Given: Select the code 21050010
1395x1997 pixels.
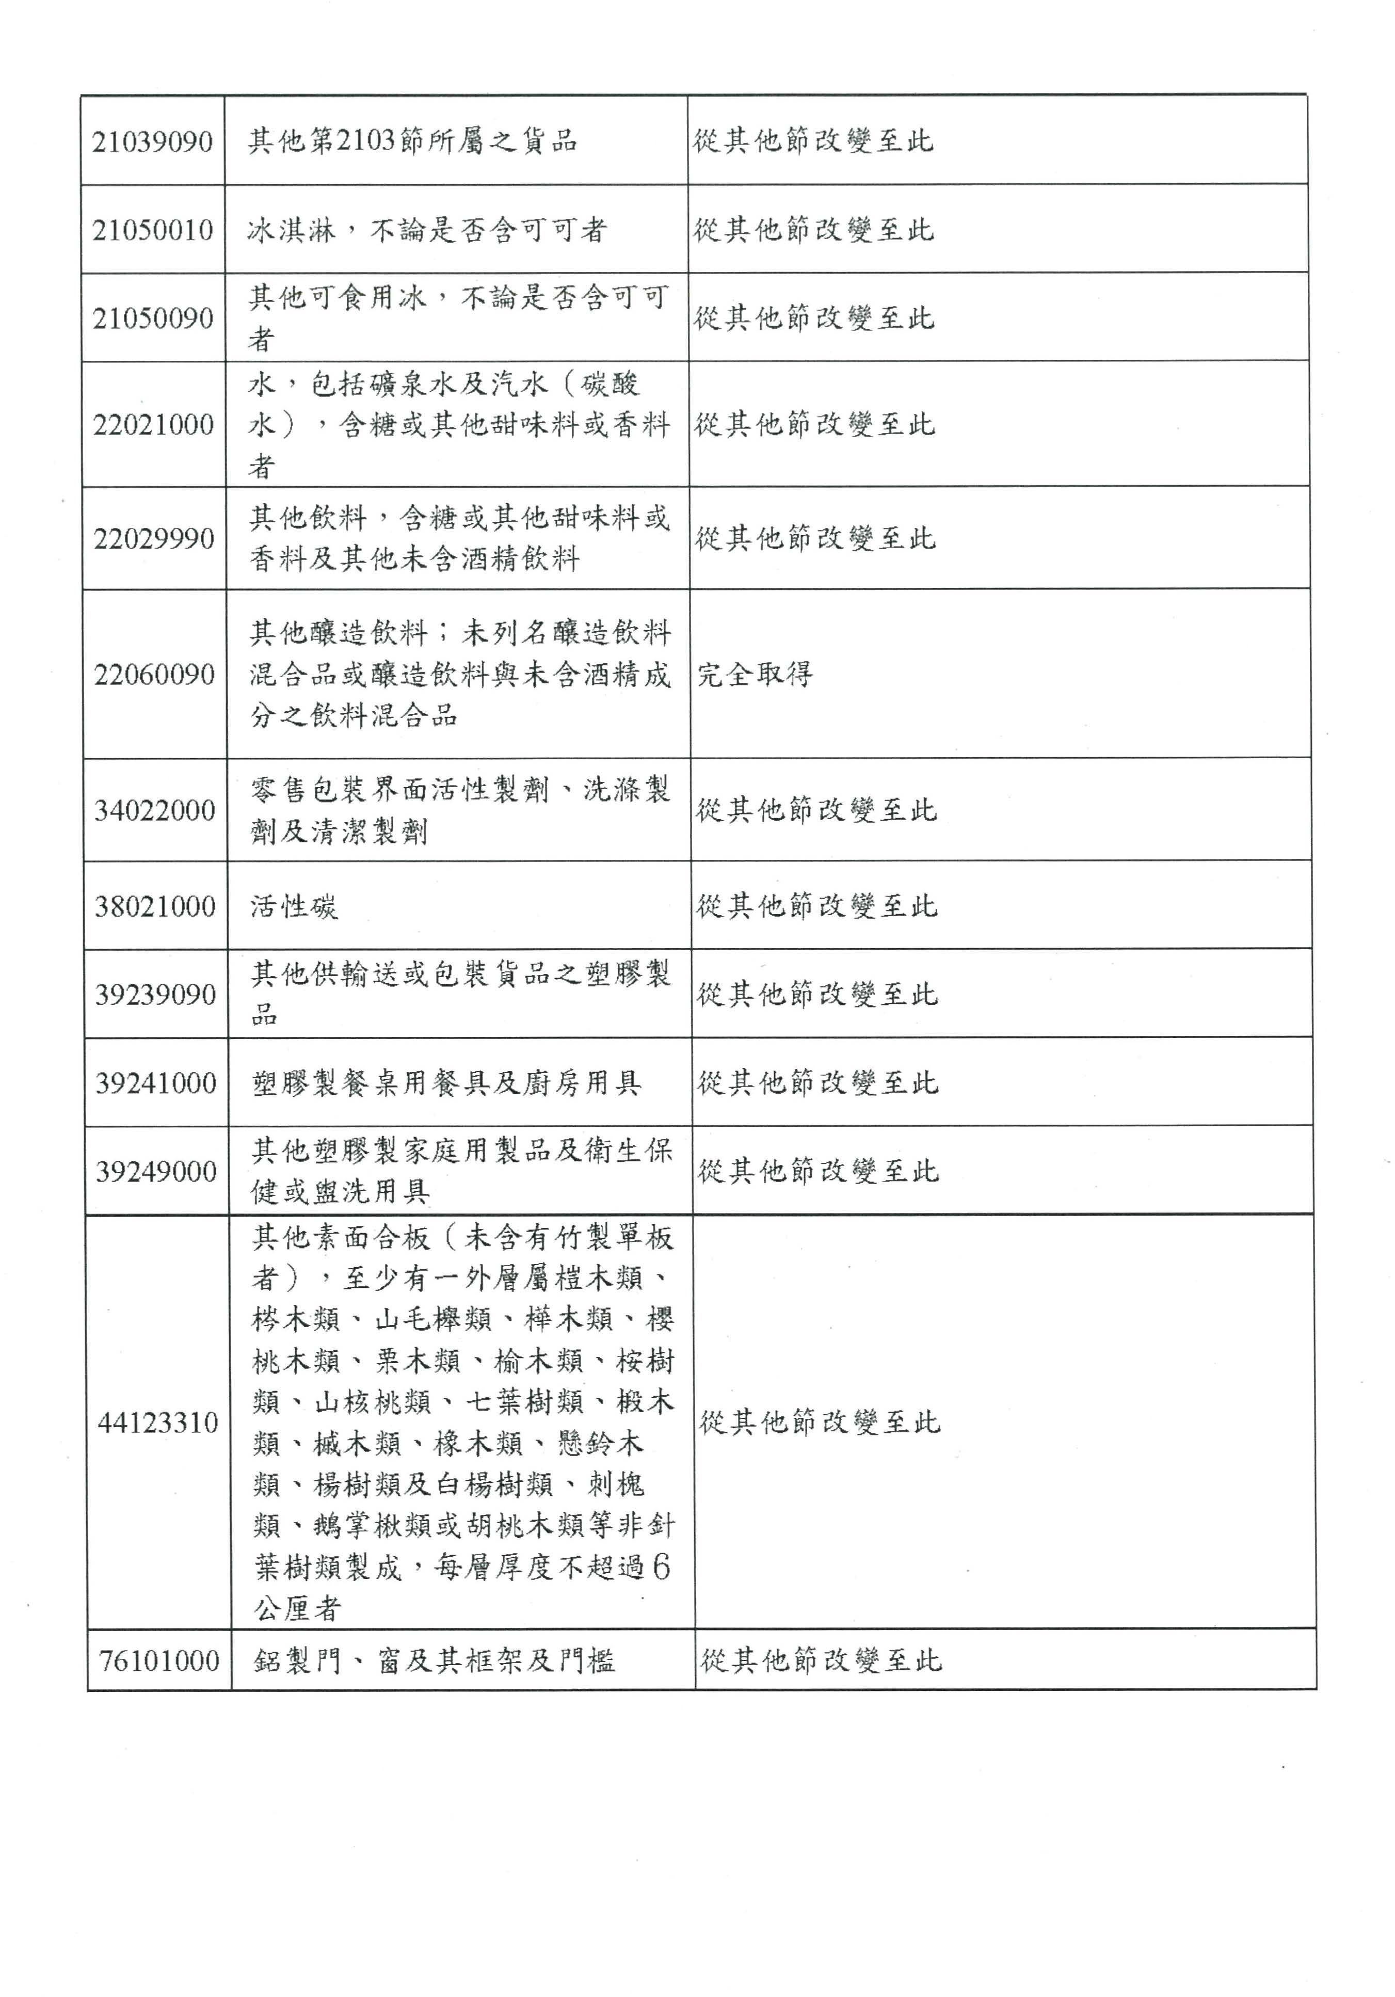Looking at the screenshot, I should pyautogui.click(x=153, y=231).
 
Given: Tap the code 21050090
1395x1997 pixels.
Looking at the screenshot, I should pyautogui.click(x=153, y=318).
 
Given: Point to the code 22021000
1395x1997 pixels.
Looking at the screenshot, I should pyautogui.click(x=154, y=424).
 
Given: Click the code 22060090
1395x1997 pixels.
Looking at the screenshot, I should pyautogui.click(x=155, y=674).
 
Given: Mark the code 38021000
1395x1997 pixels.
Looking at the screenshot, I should pyautogui.click(x=155, y=906).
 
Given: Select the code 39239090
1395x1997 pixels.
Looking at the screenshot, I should pyautogui.click(x=156, y=994).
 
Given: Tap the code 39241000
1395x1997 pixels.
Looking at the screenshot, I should pyautogui.click(x=156, y=1083).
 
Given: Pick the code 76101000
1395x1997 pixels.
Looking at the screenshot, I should pyautogui.click(x=159, y=1661).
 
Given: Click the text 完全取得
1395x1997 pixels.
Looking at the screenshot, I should pyautogui.click(x=755, y=674).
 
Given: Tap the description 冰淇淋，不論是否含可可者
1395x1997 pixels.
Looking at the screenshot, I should pyautogui.click(x=426, y=231).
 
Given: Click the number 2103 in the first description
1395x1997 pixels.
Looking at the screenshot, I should pyautogui.click(x=365, y=141).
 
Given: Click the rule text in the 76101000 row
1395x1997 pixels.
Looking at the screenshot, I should pyautogui.click(x=821, y=1661).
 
